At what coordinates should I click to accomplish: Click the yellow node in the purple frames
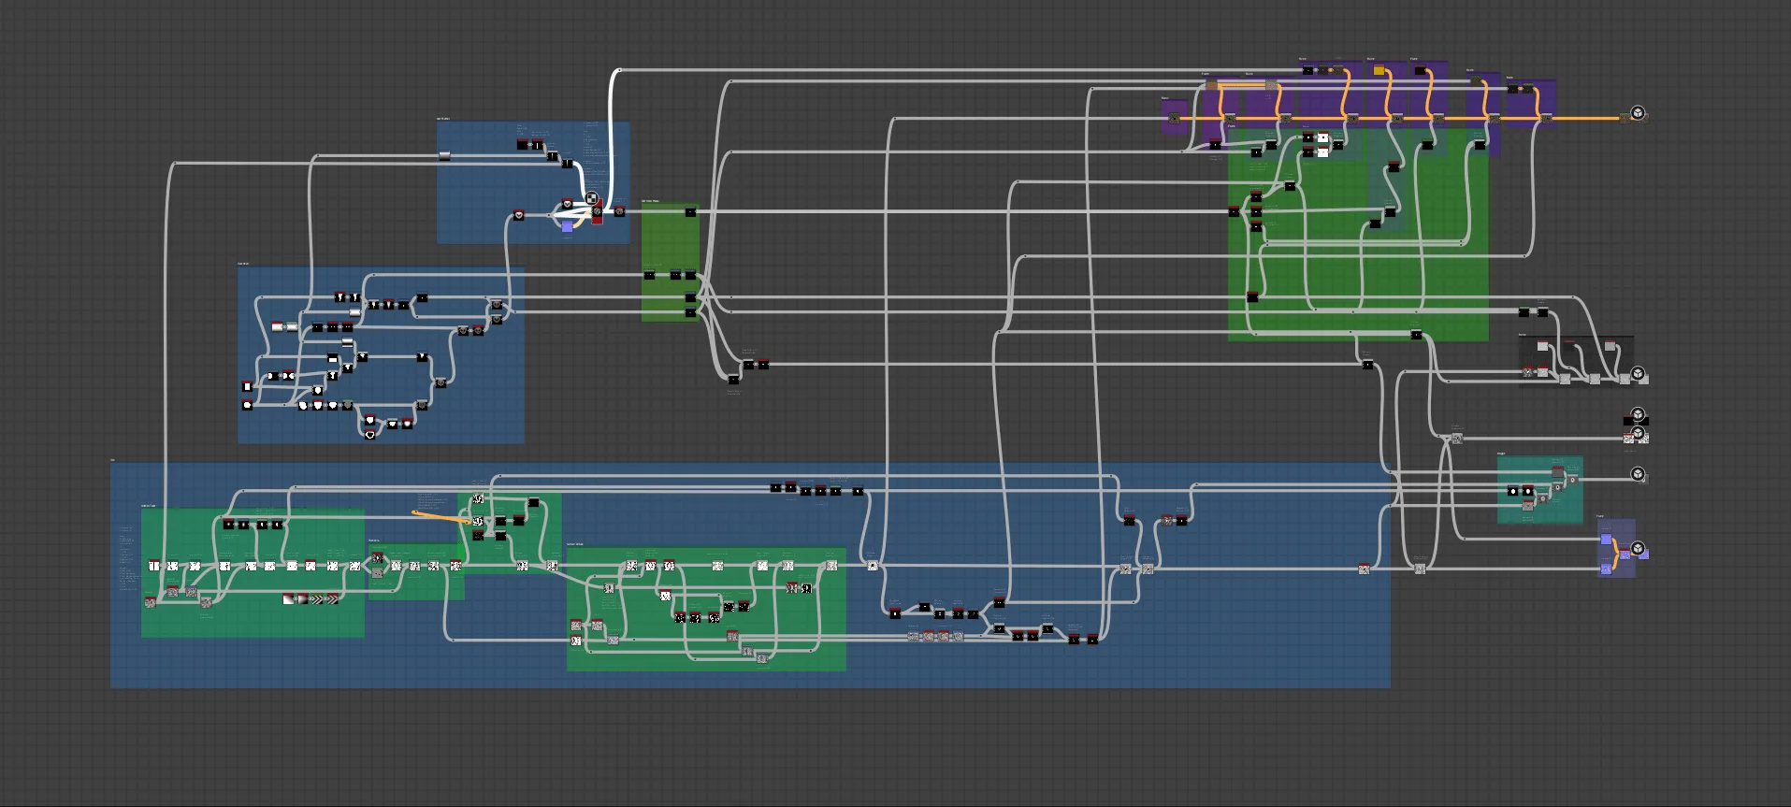1379,70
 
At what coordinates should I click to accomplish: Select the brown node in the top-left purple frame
1211,85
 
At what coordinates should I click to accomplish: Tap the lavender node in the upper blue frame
567,227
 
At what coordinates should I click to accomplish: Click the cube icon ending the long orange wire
1638,114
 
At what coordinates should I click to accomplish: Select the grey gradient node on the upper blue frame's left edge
444,156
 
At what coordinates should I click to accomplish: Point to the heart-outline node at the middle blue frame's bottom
370,435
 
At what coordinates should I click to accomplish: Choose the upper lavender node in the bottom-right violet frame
1606,540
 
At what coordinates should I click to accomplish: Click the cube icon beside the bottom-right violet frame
1638,548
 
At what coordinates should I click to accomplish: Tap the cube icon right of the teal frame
1638,474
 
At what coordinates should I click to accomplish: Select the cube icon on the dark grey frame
1638,375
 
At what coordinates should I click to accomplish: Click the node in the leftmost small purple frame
1175,118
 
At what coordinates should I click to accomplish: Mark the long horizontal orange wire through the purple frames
1403,119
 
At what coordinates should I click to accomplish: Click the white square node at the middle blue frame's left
247,386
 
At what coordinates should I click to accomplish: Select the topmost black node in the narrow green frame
690,212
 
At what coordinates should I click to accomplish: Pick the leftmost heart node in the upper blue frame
518,215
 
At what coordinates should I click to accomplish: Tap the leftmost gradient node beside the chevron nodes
288,599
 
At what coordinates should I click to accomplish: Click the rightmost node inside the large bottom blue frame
1364,569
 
